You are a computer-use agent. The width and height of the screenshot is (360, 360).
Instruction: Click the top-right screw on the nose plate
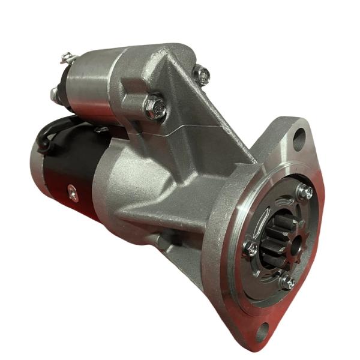click(305, 192)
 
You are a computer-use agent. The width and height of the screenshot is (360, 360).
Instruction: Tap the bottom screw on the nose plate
click(289, 282)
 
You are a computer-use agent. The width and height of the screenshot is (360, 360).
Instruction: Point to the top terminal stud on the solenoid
click(66, 58)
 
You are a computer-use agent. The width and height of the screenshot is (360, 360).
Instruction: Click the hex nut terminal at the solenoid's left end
click(55, 94)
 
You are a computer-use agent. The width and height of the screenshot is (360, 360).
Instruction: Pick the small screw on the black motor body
click(73, 192)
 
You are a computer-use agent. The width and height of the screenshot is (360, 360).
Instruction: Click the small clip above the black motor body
click(101, 128)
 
